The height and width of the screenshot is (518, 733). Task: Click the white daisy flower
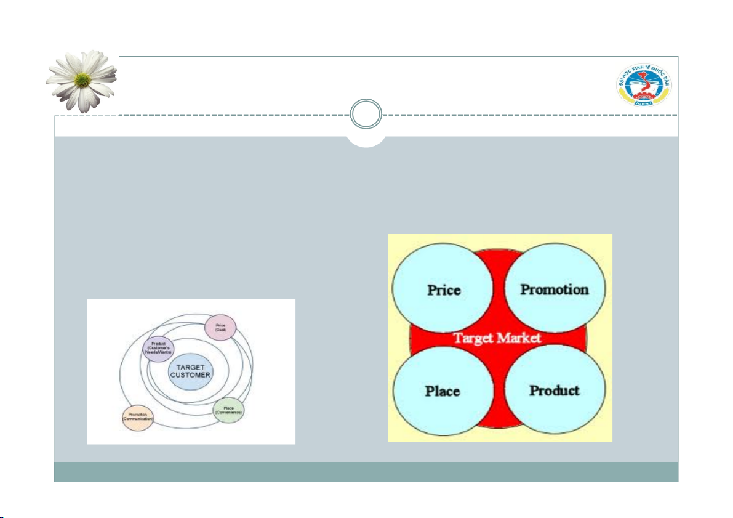tap(81, 80)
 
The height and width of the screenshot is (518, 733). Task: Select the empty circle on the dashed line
tap(366, 115)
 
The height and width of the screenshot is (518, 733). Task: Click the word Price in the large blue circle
tap(443, 289)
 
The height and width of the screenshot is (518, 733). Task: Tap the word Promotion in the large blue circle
tap(555, 289)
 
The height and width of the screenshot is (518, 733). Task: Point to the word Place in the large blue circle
tap(442, 391)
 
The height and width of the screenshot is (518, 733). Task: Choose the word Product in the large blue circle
tap(554, 391)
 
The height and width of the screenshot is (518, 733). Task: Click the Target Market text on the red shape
tap(497, 338)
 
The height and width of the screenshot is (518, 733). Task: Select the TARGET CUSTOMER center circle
tap(190, 371)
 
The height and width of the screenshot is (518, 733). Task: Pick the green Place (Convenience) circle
tap(228, 410)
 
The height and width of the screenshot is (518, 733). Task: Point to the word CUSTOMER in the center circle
tap(190, 375)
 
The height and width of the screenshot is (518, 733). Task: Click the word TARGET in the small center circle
tap(190, 367)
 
